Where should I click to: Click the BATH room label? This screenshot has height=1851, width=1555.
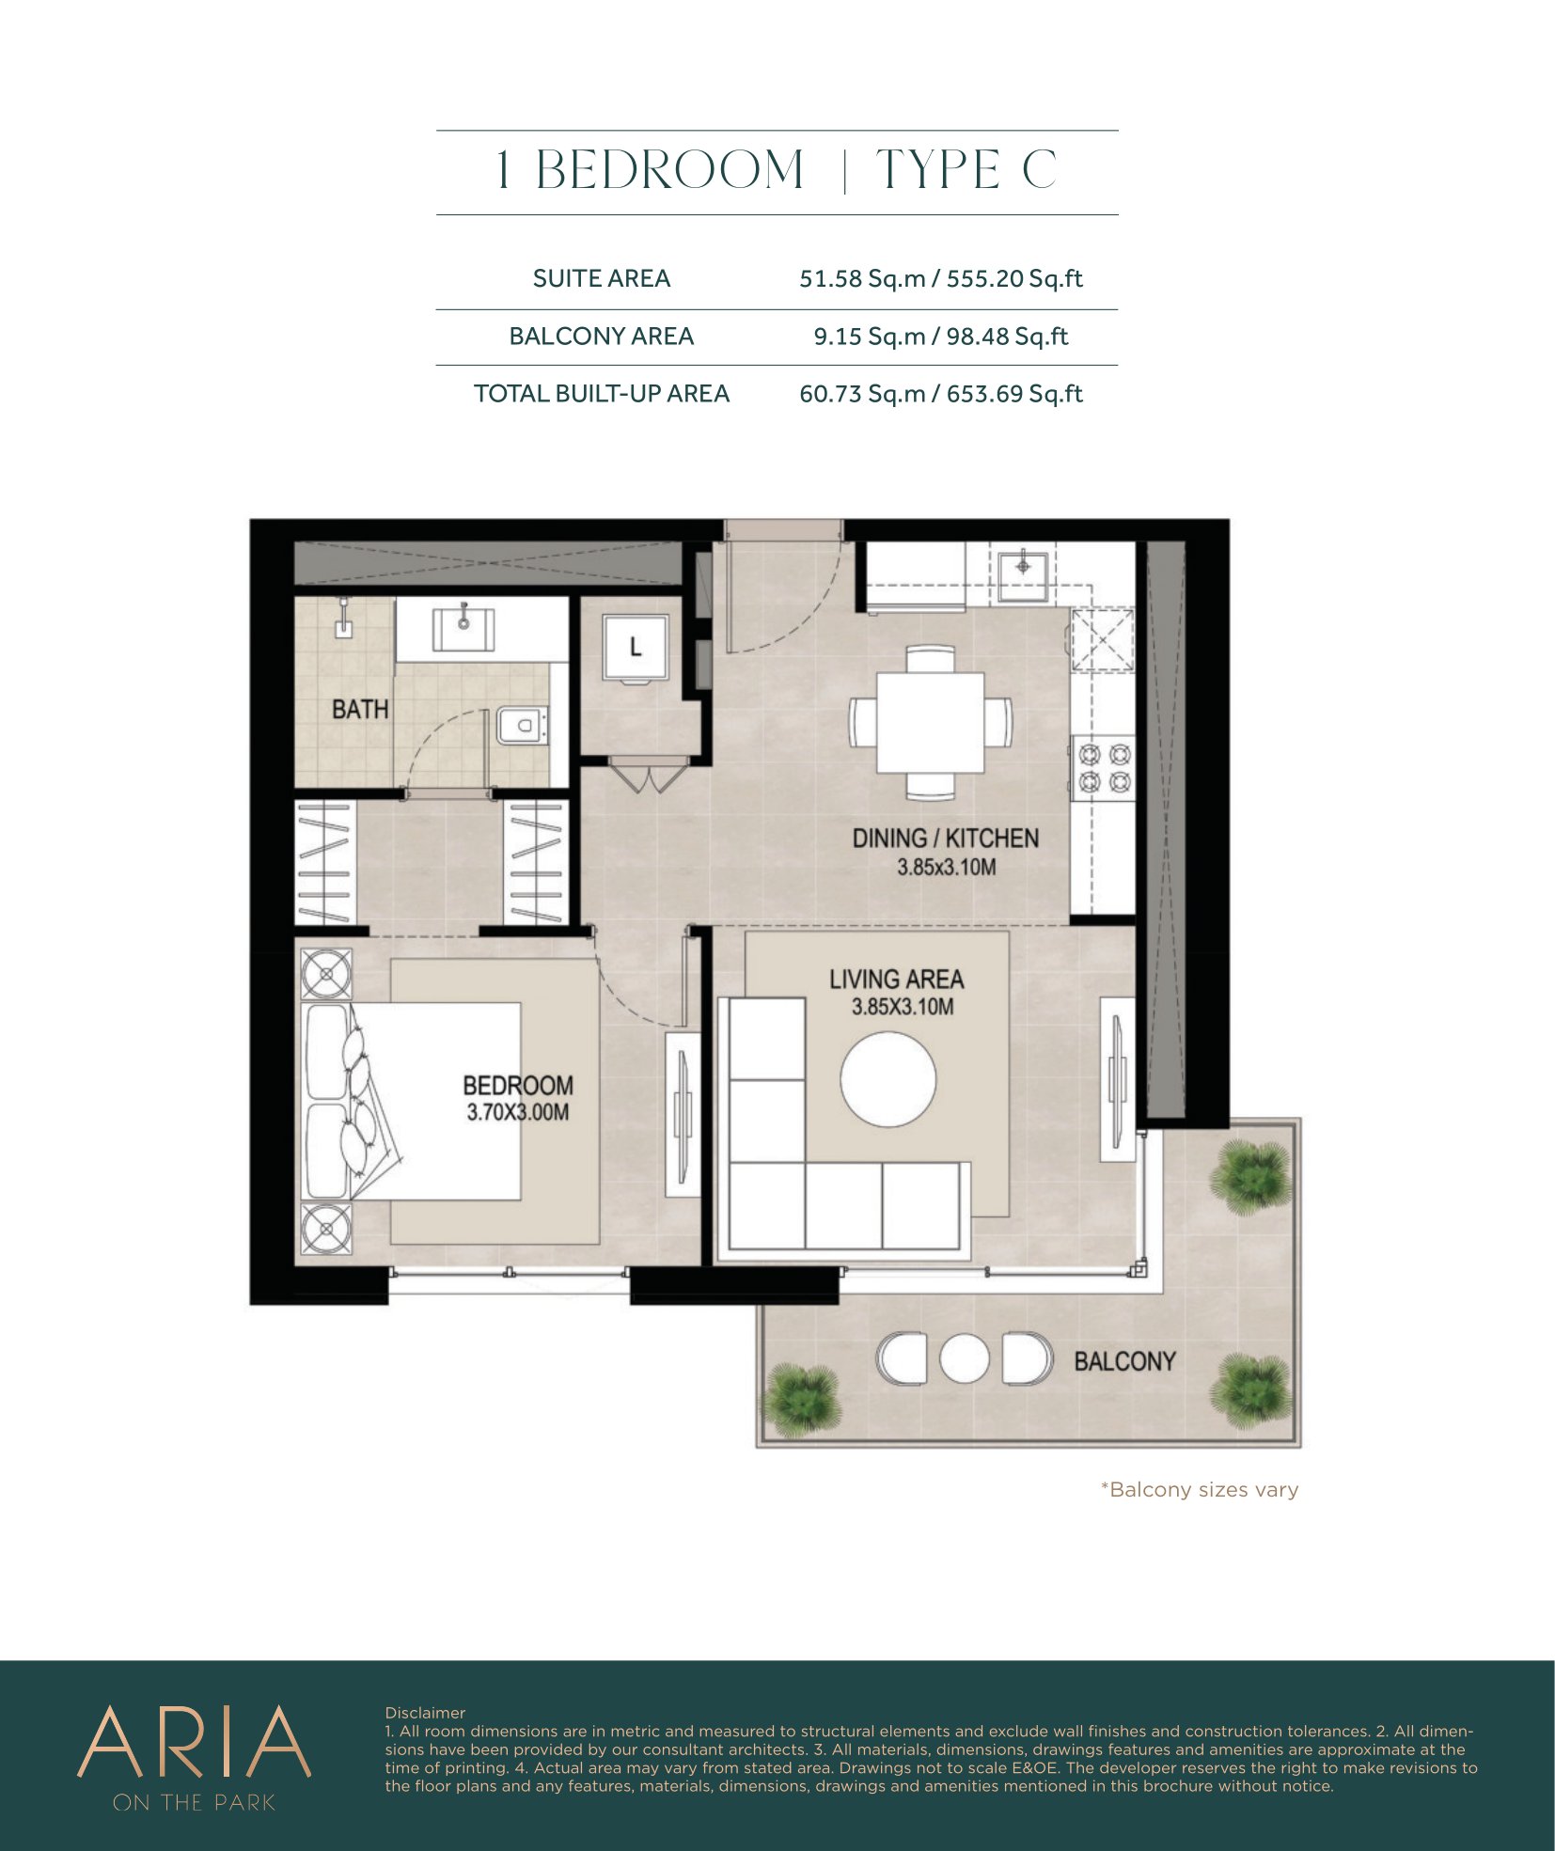pos(360,709)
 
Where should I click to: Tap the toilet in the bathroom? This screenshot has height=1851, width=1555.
pos(521,725)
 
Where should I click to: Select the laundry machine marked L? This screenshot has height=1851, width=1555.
pos(636,647)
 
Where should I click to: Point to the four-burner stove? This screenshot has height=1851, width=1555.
pos(1104,767)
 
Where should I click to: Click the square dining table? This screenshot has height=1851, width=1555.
pos(931,722)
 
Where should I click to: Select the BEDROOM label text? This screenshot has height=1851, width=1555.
pos(518,1086)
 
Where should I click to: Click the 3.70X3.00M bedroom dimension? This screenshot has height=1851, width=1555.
pos(518,1113)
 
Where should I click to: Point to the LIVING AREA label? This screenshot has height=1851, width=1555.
pos(896,980)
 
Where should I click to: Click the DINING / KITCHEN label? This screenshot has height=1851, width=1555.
pos(946,839)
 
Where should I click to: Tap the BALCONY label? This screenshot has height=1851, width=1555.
pos(1124,1361)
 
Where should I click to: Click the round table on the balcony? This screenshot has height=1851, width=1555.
pos(965,1358)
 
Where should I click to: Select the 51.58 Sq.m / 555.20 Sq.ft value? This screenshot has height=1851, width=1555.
pos(941,279)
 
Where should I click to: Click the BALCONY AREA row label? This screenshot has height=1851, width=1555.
pos(602,337)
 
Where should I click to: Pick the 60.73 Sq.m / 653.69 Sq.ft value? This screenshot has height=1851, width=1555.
pos(941,394)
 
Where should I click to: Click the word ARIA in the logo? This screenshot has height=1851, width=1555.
pos(194,1742)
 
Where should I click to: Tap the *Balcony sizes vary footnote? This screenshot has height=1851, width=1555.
pos(1200,1490)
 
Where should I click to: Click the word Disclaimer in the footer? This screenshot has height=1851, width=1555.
pos(425,1713)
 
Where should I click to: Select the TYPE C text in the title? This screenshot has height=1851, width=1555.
pos(966,170)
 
